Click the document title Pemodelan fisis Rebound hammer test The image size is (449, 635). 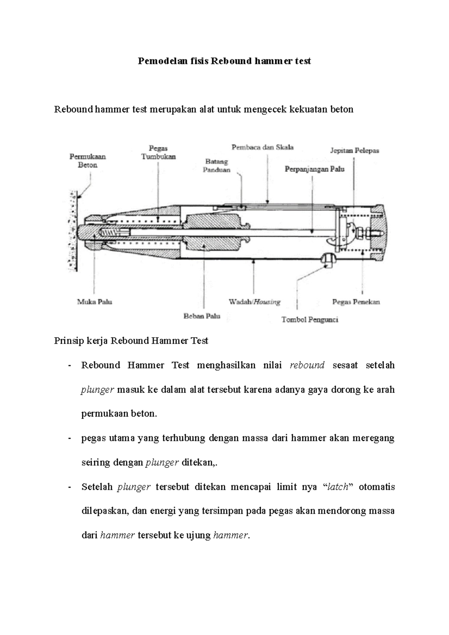[224, 61]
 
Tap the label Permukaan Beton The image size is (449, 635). [88, 161]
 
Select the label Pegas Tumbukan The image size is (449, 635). [158, 153]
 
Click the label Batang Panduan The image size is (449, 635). [217, 165]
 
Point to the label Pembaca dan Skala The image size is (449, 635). [262, 147]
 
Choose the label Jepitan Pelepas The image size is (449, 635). [354, 150]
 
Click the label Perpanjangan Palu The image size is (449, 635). [314, 169]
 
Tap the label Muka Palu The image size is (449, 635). [95, 301]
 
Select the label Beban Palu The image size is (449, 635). [202, 316]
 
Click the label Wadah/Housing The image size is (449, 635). [254, 301]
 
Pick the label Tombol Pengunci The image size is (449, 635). [309, 319]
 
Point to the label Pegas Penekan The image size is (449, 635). [356, 301]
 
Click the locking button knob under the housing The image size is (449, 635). [328, 259]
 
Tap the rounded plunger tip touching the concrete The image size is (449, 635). [80, 232]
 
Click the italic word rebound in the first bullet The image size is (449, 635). [307, 365]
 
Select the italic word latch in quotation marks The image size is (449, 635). [337, 487]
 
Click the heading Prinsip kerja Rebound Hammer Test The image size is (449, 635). [131, 341]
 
